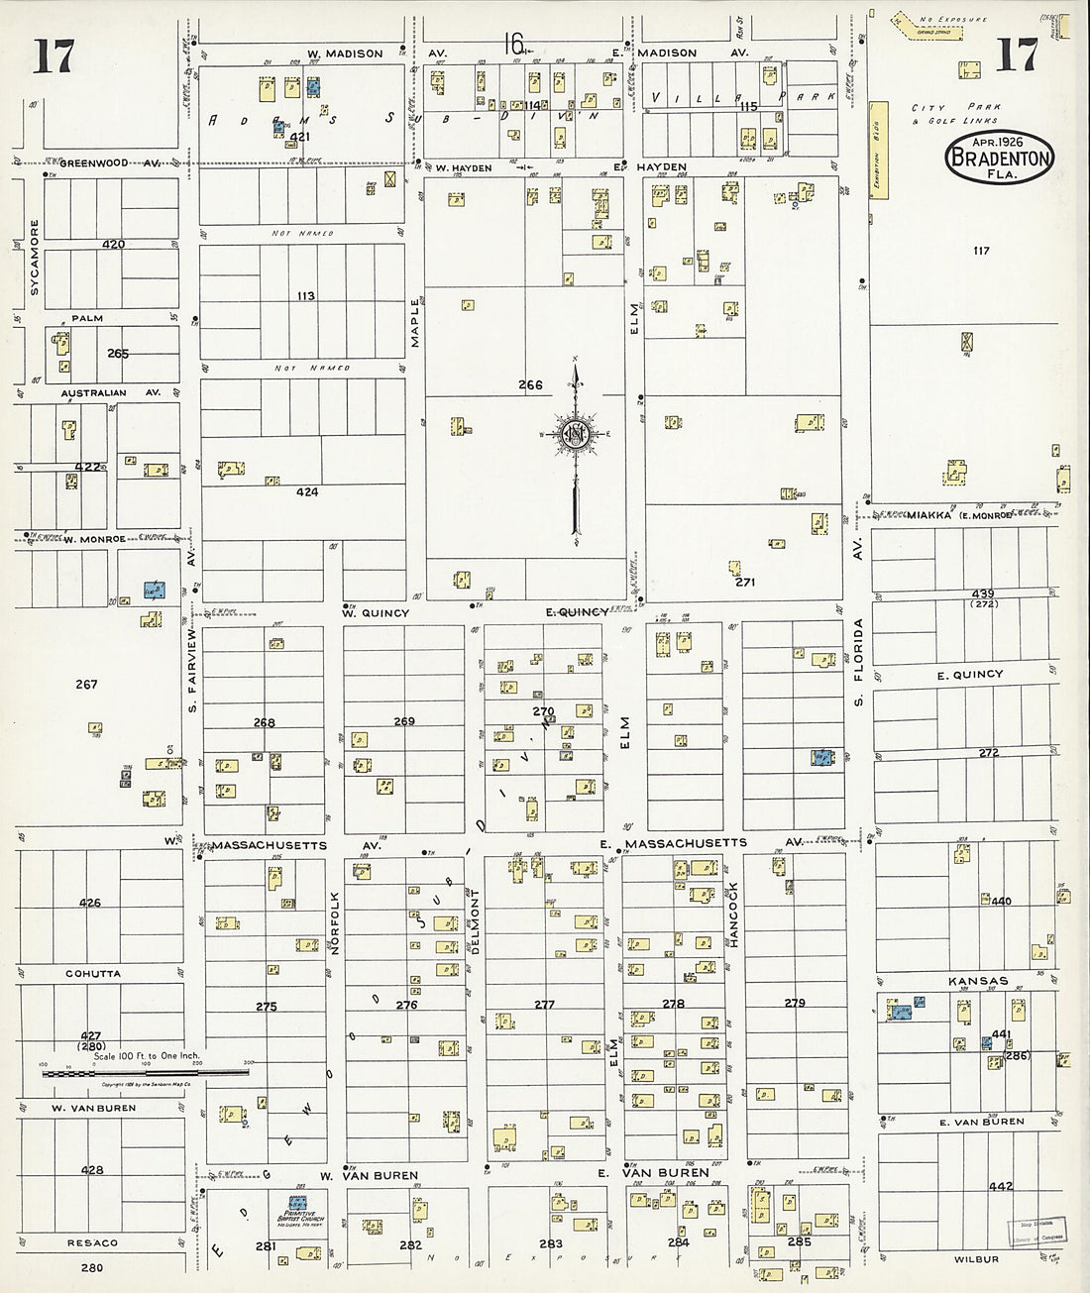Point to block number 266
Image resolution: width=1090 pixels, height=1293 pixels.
530,385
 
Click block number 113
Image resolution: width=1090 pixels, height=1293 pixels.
305,295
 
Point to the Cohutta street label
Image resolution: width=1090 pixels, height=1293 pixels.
93,974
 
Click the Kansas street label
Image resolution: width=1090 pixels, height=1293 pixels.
978,982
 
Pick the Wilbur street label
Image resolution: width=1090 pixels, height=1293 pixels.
978,1259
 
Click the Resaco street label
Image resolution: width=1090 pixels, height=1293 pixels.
92,1242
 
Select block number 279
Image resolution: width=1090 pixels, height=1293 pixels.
795,1004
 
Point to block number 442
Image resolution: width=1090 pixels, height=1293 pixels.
1001,1186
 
